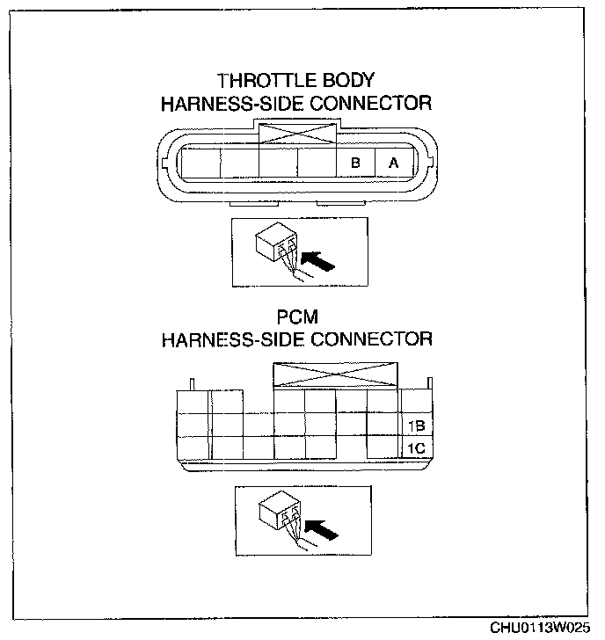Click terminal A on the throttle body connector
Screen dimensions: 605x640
point(394,164)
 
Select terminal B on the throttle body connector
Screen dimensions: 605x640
point(356,164)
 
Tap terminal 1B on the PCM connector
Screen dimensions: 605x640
point(415,426)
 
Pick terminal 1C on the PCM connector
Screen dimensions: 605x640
point(415,448)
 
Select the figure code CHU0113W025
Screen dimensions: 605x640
point(540,628)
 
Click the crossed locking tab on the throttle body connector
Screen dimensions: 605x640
point(297,134)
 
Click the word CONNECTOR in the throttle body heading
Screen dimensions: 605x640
point(373,103)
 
